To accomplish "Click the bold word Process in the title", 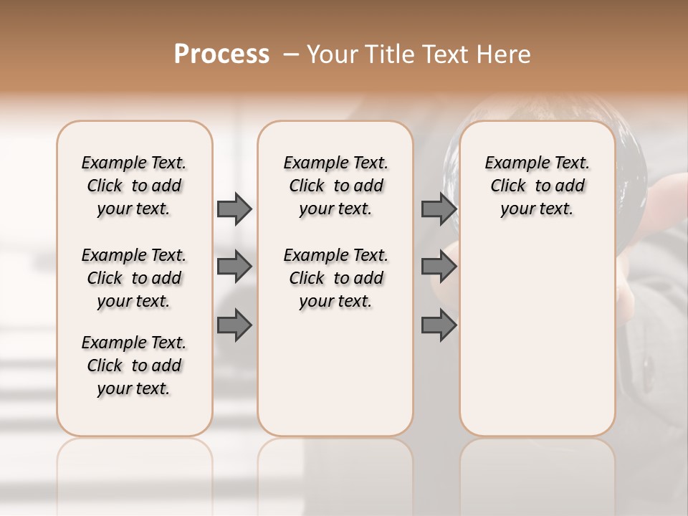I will click(x=221, y=54).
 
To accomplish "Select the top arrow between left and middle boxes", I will click(x=234, y=209).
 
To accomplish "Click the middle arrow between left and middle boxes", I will click(x=234, y=267).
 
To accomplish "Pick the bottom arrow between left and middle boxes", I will click(x=234, y=325).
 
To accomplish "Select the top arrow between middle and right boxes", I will click(x=439, y=209).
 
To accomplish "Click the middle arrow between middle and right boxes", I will click(x=439, y=267).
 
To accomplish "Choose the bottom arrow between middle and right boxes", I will click(x=439, y=325).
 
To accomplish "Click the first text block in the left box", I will click(x=134, y=186).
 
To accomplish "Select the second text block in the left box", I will click(x=134, y=278).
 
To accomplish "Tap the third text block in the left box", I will click(x=134, y=365).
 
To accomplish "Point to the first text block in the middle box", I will click(x=335, y=186).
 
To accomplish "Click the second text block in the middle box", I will click(x=335, y=278).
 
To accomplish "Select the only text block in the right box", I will click(x=537, y=186).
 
